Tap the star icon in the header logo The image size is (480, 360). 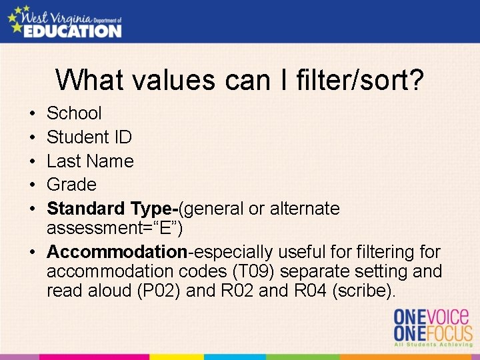(15, 17)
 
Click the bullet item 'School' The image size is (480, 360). (74, 113)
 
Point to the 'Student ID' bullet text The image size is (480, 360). (89, 137)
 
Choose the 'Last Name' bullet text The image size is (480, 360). (90, 161)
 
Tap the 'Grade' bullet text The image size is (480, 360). (71, 185)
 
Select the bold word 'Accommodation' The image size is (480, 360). (117, 252)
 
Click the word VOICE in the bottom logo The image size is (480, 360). (445, 316)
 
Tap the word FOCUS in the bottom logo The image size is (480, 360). (445, 333)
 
